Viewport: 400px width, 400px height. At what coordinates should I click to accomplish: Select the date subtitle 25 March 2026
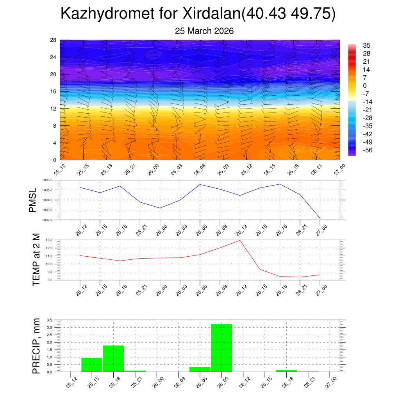coord(204,31)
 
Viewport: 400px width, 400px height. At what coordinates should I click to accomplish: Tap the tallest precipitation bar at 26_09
coord(221,348)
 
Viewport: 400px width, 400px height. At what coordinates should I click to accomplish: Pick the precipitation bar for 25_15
coord(92,365)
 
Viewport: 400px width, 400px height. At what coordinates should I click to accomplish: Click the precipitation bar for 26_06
coord(200,369)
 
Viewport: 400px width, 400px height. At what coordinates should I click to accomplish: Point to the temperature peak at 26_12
coord(240,240)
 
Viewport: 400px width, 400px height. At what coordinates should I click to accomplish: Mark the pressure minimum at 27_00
coord(320,218)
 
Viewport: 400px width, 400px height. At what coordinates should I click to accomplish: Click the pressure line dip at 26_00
coord(160,208)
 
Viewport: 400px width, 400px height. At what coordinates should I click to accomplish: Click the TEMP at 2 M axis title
coord(36,260)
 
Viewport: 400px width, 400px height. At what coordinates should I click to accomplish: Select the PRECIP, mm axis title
coord(36,346)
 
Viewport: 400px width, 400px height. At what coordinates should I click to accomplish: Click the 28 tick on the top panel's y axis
coord(54,40)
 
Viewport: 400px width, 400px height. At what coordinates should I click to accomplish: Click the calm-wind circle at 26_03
coord(177,139)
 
